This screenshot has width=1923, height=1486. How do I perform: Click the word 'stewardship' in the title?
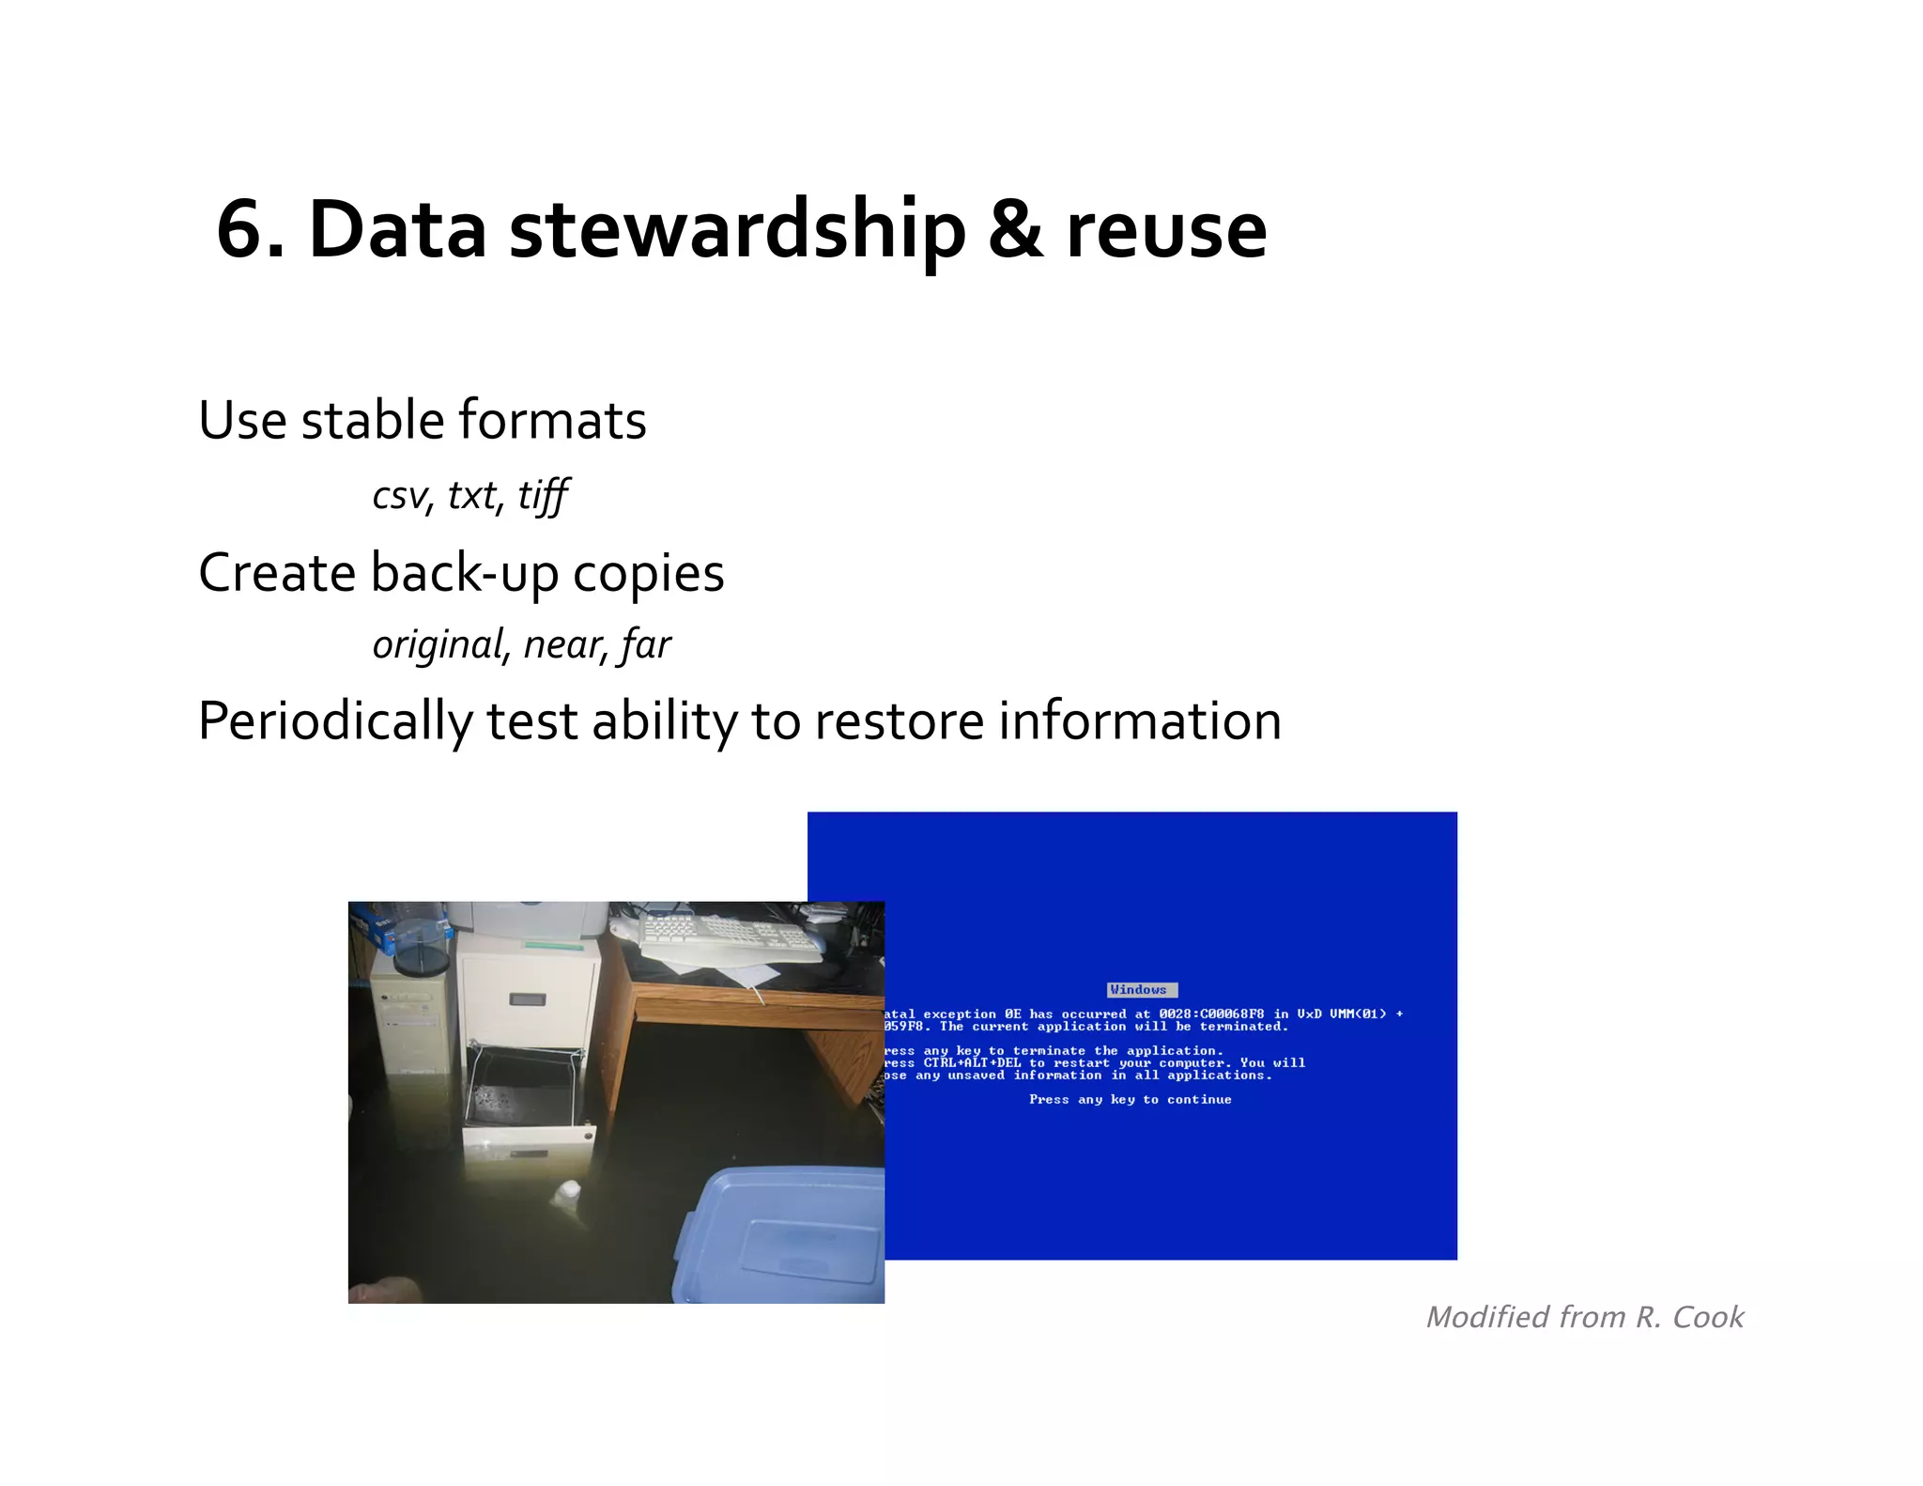pyautogui.click(x=737, y=230)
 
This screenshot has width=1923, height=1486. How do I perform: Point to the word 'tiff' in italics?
pyautogui.click(x=543, y=495)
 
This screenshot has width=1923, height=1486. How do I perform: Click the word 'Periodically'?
pyautogui.click(x=335, y=722)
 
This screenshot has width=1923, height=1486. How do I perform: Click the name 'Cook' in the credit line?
pyautogui.click(x=1708, y=1317)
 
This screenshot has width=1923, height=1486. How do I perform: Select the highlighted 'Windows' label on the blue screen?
pyautogui.click(x=1141, y=990)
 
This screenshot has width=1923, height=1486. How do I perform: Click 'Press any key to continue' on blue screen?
pyautogui.click(x=1130, y=1100)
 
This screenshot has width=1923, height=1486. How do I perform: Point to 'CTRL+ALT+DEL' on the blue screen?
pyautogui.click(x=973, y=1063)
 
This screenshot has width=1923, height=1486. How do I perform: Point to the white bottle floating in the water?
pyautogui.click(x=566, y=1196)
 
